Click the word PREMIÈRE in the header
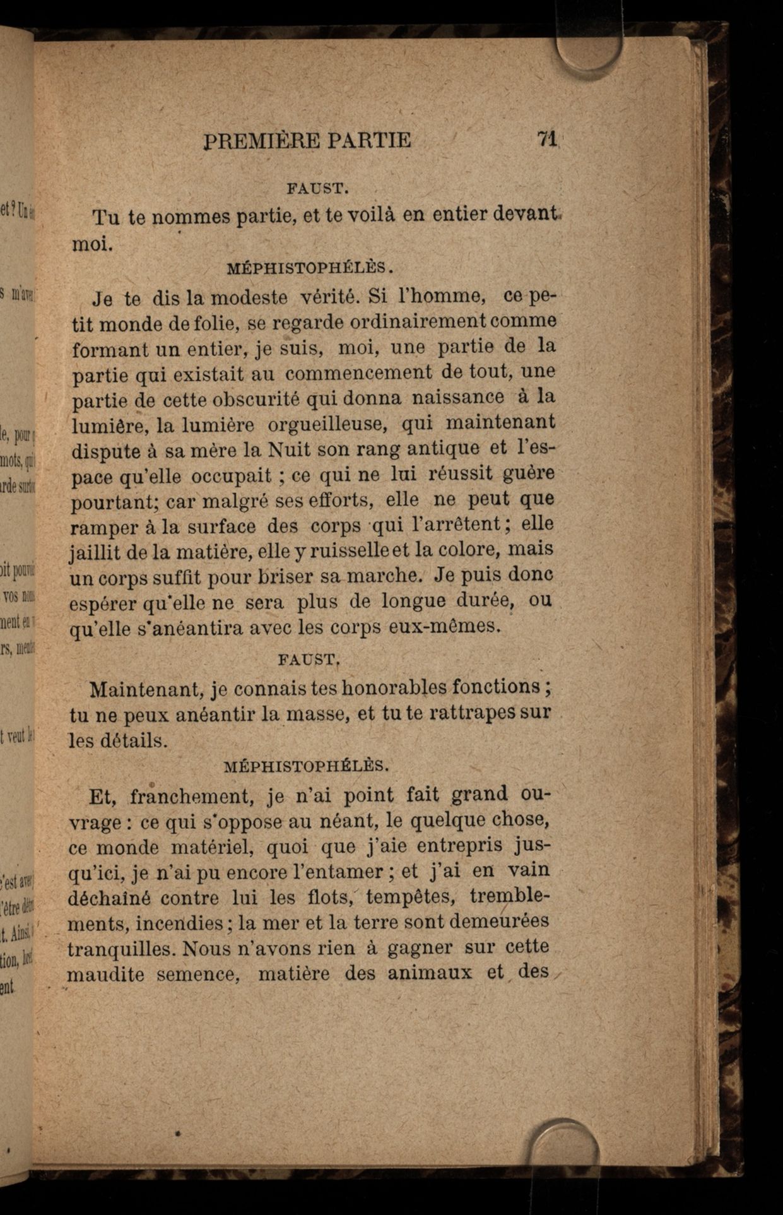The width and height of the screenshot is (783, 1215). click(261, 140)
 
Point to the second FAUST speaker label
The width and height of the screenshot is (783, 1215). click(309, 660)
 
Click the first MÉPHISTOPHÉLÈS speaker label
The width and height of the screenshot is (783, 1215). click(310, 267)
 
